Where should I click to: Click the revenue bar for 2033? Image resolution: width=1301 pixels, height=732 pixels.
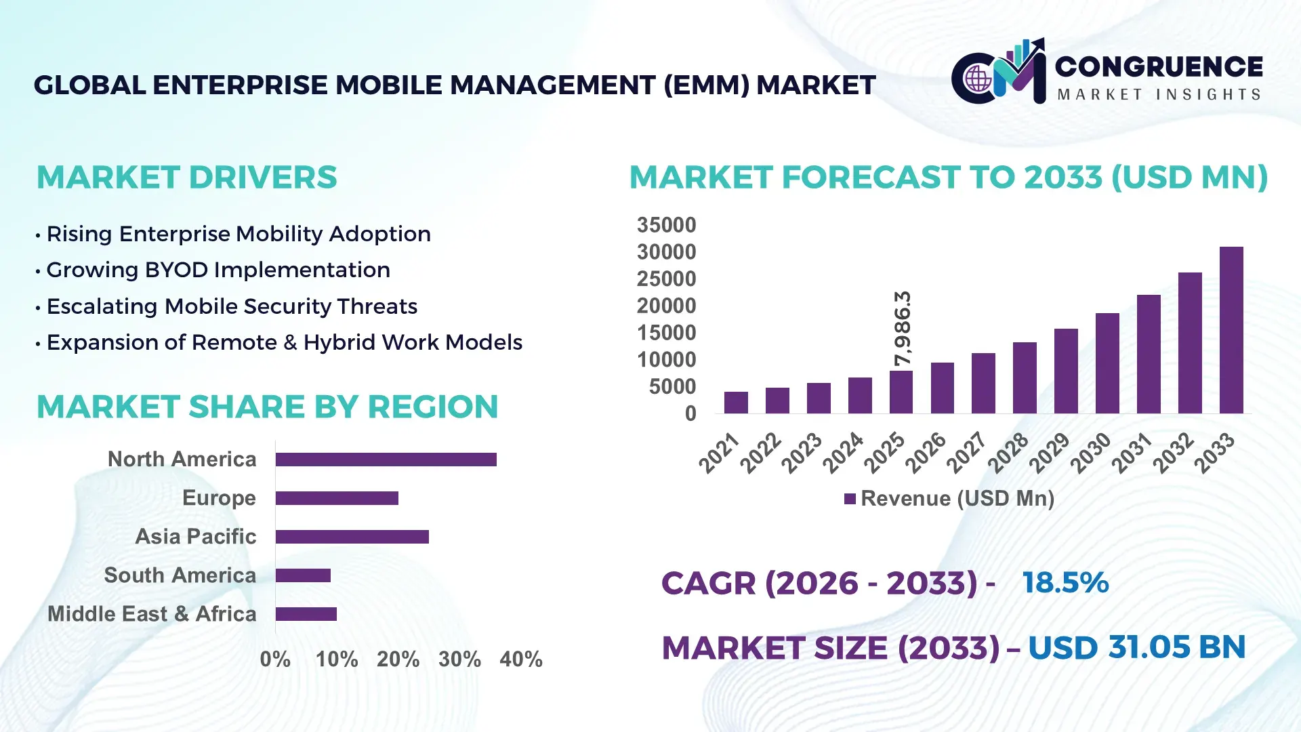coord(1231,330)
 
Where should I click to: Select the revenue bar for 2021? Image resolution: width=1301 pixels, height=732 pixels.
coord(736,403)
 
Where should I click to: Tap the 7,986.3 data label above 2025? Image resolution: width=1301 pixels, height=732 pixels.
coord(903,329)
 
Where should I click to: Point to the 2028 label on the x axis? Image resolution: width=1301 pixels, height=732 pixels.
coord(1009,452)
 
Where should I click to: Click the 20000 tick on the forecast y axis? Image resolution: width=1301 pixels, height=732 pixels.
coord(666,306)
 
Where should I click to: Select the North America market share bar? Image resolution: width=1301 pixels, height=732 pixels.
coord(386,460)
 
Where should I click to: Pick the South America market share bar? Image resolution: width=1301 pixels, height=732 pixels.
coord(303,575)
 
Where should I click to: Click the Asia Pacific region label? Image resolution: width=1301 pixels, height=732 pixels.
coord(196,536)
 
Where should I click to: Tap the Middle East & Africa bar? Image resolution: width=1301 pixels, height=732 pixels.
coord(306,614)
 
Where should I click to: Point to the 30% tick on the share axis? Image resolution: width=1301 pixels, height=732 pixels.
coord(459,659)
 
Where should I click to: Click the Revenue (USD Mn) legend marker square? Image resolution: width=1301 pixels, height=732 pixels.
coord(850,499)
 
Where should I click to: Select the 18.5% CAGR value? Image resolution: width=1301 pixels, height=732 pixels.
coord(1065,583)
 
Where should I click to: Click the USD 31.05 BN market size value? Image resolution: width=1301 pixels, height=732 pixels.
coord(1136,647)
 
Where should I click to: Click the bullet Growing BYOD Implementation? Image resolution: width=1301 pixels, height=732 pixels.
coord(218,270)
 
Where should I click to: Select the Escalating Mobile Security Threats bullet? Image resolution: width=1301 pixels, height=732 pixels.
coord(231,306)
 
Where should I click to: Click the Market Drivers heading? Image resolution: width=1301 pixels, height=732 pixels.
coord(186,178)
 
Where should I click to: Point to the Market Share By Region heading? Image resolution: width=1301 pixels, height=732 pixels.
coord(267,407)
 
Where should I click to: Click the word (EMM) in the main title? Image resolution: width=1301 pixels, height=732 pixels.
coord(706,85)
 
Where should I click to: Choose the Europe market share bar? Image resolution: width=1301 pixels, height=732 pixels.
coord(337,498)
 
